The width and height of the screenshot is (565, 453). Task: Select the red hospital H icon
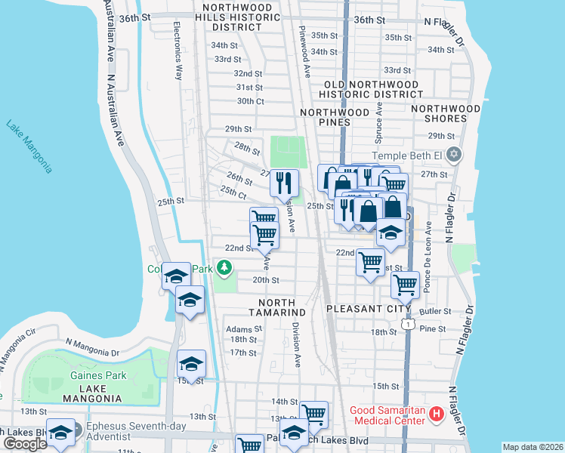click(435, 414)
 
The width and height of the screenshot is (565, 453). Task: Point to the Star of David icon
click(453, 156)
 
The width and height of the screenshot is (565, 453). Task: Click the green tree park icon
click(224, 267)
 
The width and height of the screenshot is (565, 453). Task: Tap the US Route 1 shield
click(407, 323)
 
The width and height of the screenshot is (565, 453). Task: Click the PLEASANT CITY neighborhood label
click(368, 309)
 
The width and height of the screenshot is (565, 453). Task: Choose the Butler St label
click(435, 310)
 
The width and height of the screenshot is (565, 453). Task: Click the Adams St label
click(243, 329)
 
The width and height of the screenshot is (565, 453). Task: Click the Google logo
click(25, 444)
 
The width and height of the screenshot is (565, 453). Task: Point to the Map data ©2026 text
click(533, 447)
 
